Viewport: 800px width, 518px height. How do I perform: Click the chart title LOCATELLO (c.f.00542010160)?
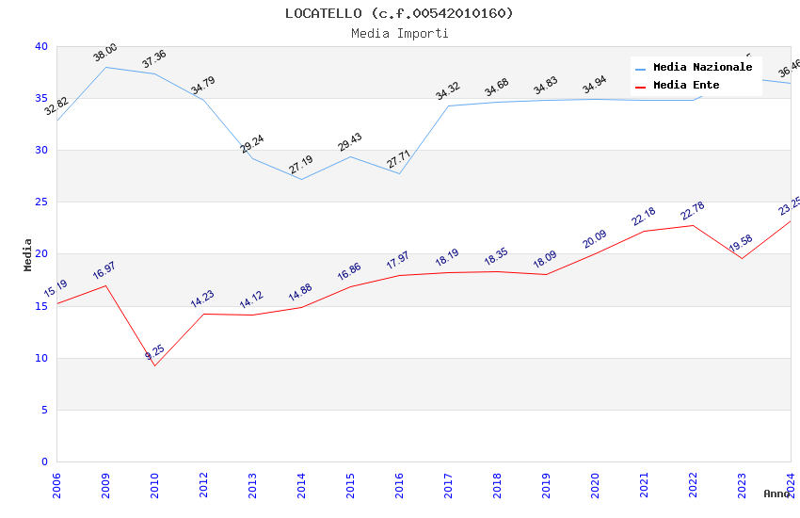click(x=400, y=13)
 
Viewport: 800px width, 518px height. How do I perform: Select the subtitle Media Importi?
click(x=400, y=33)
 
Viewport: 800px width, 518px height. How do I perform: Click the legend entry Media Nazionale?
click(x=702, y=68)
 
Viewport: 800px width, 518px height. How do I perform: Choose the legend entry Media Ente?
click(x=686, y=86)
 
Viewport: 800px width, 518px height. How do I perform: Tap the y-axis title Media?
click(x=28, y=254)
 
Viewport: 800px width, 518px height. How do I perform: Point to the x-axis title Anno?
click(x=776, y=494)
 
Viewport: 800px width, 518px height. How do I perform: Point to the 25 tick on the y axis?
click(x=41, y=202)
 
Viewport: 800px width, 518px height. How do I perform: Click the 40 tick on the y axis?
click(x=41, y=47)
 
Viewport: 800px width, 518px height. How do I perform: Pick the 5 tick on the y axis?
click(x=44, y=411)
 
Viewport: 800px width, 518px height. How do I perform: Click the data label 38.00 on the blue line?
click(x=105, y=53)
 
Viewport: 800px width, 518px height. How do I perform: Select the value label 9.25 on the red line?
click(x=155, y=352)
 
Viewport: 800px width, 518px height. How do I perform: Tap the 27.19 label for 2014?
click(x=301, y=166)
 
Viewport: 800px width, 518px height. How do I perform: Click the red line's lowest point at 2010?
click(x=154, y=365)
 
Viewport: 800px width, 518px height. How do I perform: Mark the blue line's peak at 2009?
click(x=105, y=67)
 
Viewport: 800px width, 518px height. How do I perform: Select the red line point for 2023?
click(x=742, y=259)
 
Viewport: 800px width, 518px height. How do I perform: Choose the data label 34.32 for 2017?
click(x=448, y=91)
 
